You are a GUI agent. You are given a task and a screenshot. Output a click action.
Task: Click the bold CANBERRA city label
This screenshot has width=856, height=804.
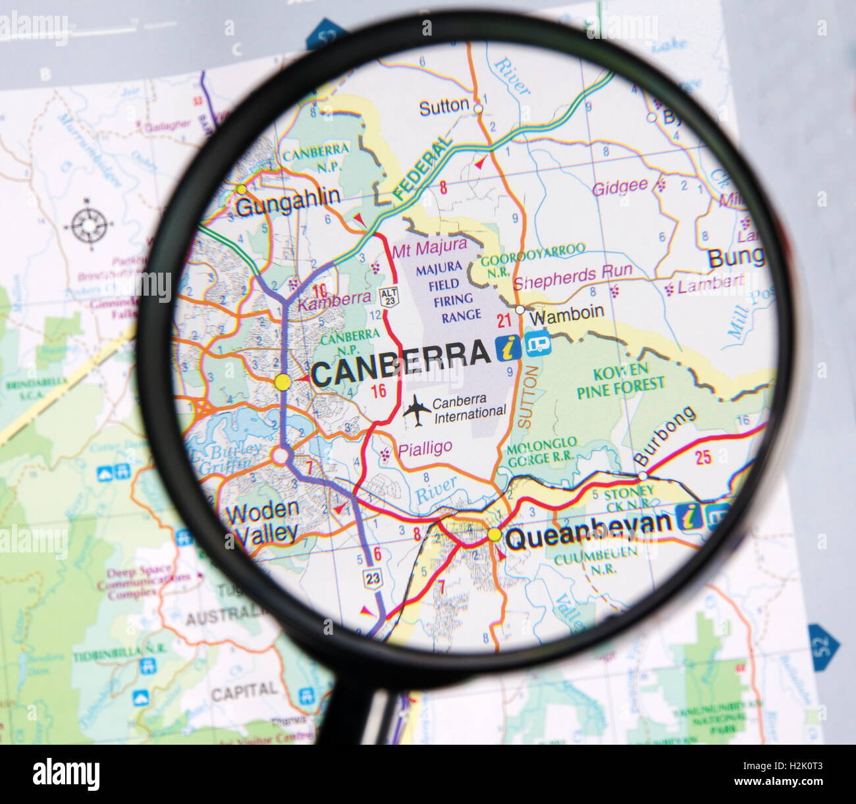pos(400,356)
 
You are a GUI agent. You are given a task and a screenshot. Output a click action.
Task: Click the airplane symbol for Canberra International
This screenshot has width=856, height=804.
pos(416,409)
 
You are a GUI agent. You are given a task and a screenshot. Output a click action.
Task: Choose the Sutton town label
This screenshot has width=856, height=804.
pos(444,107)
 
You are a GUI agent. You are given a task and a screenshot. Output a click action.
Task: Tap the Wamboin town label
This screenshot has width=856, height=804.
pos(567,314)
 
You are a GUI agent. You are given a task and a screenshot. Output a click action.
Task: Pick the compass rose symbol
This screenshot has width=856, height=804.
pos(88,225)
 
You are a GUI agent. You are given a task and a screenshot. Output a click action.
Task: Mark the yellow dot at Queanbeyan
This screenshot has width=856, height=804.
pos(495,535)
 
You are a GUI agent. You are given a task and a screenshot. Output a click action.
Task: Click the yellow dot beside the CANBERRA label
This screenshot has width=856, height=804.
pos(282,381)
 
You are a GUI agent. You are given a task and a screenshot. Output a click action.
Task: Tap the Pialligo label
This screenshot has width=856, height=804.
pos(425,448)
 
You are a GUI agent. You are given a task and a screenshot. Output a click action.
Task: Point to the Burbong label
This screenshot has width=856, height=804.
pos(664,436)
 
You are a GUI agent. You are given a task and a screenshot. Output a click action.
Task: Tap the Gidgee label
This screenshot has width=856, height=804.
pos(620,188)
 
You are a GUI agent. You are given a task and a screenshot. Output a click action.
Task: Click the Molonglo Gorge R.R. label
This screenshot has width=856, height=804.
pos(543,450)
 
